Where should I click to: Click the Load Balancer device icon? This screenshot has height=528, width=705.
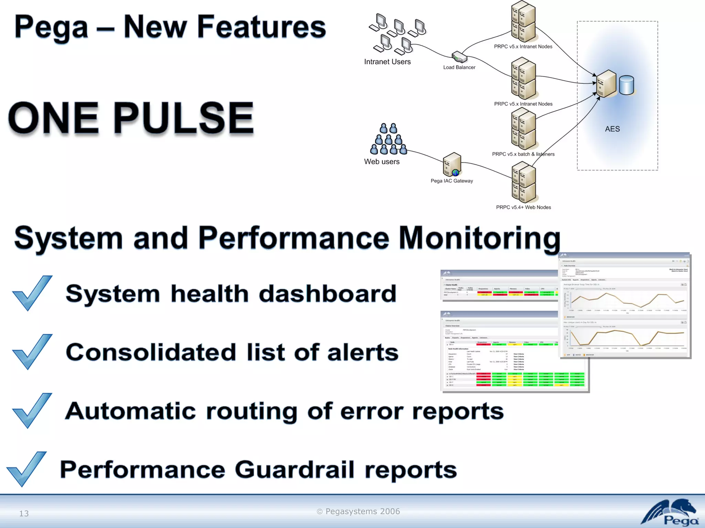459,57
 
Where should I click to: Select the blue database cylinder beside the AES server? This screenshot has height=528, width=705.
626,85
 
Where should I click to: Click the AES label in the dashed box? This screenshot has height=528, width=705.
612,129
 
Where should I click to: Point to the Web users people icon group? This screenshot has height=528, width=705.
388,140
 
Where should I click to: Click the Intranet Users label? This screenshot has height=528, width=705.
387,62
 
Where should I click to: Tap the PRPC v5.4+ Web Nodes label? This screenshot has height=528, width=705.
523,207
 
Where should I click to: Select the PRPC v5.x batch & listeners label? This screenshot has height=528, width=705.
523,154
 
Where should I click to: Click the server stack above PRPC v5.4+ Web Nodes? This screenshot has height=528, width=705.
523,182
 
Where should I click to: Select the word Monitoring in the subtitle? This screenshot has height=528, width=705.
480,238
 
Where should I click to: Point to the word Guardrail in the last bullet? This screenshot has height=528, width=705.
294,470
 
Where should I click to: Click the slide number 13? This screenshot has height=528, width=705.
24,514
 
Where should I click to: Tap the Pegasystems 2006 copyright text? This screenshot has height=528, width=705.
358,511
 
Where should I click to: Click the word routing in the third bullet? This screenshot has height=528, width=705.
251,411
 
